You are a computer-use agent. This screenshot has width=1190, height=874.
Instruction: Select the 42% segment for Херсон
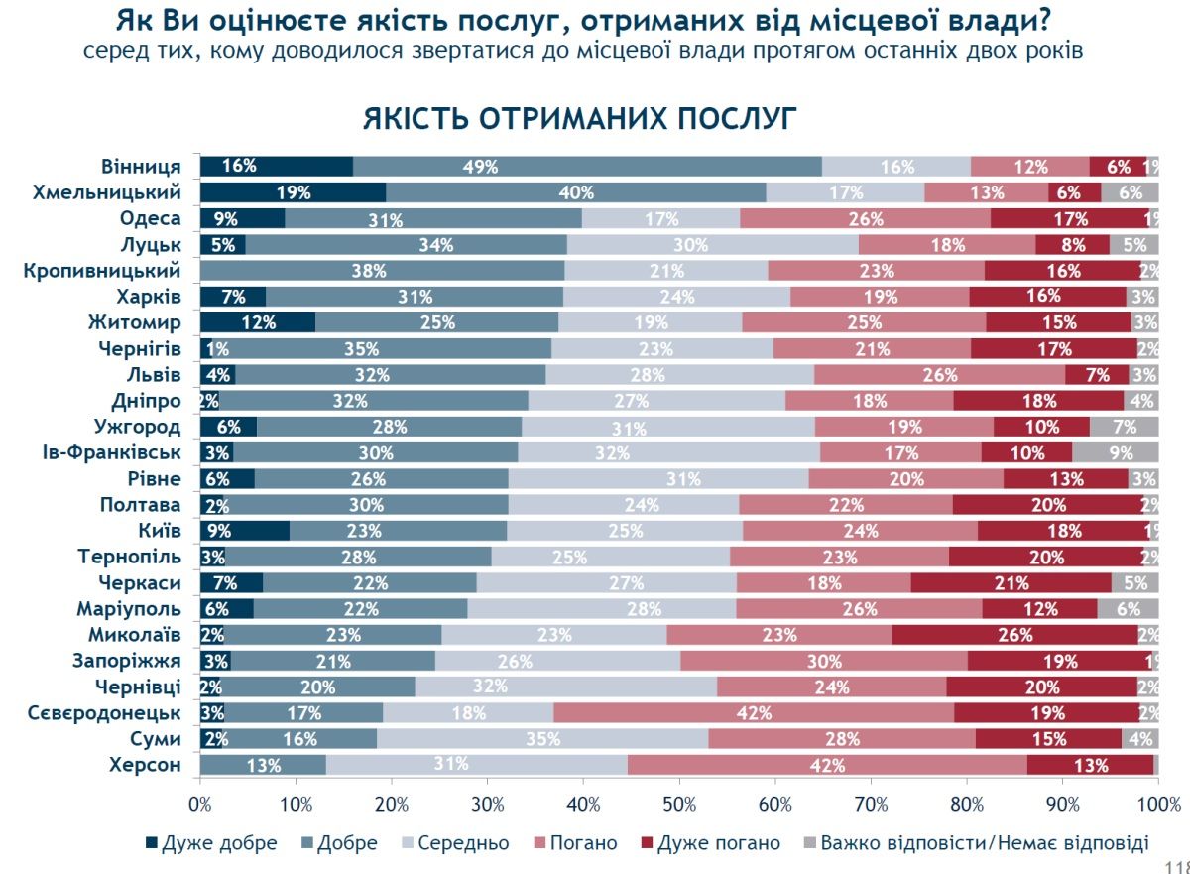pos(827,764)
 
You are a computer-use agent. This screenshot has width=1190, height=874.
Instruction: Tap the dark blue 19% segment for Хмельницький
pos(294,192)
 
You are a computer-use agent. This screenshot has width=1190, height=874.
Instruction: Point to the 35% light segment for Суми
pos(541,738)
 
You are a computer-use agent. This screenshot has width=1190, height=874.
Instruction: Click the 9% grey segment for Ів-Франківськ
pos(1115,452)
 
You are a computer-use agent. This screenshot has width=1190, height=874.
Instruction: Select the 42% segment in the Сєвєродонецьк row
pos(754,712)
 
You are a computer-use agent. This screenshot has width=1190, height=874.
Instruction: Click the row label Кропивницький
pos(102,270)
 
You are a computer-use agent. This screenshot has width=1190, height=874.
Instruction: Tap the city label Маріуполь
pos(129,608)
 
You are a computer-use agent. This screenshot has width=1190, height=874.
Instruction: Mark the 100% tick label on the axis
pos(1157,805)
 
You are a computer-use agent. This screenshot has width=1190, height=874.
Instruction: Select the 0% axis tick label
pos(201,805)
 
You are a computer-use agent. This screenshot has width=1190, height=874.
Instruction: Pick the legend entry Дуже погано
pos(711,843)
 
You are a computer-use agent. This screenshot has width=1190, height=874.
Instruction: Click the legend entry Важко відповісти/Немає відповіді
pos(976,843)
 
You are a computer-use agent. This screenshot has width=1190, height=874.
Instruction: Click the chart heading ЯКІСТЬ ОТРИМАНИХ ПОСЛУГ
pos(579,117)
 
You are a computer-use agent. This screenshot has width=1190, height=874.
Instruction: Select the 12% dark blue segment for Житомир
pos(258,322)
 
